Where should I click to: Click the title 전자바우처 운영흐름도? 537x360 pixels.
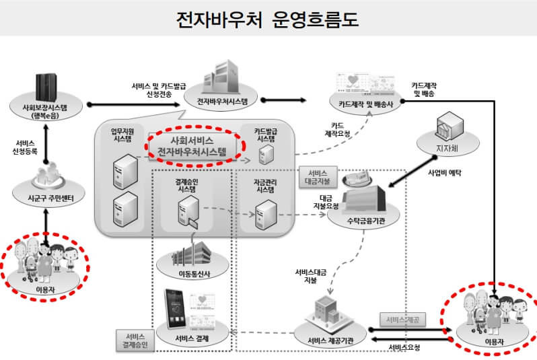tap(267, 18)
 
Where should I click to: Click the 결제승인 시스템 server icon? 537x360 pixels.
tap(188, 213)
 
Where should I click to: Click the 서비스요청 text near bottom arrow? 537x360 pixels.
tap(404, 348)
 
